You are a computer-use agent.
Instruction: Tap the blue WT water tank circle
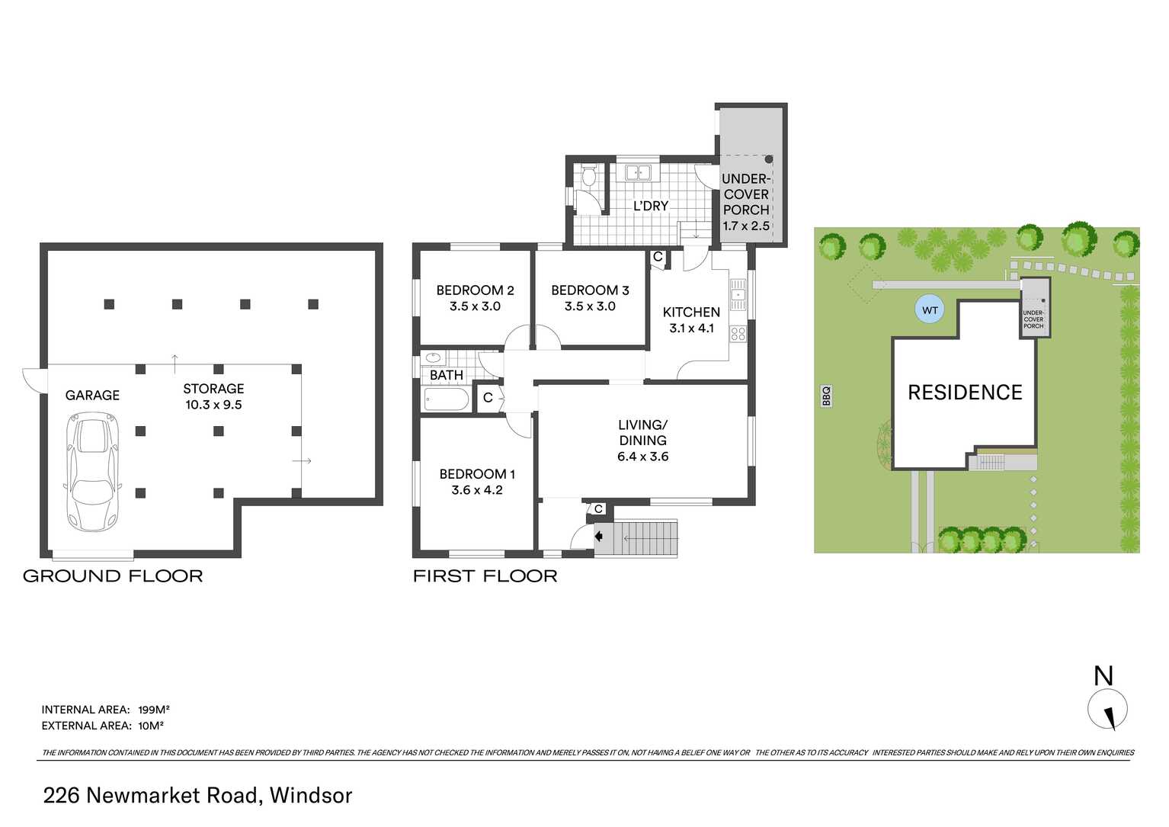point(930,310)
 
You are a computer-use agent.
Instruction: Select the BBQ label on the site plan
point(826,396)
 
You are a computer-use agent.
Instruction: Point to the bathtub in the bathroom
point(446,399)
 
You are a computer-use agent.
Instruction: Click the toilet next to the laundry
point(588,178)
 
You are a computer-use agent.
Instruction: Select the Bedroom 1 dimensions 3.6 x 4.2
point(477,490)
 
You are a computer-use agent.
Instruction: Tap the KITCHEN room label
point(691,312)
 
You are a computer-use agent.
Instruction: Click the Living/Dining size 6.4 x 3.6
point(642,457)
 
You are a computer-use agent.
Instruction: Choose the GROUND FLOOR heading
point(113,576)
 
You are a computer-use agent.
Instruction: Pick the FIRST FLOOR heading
point(485,576)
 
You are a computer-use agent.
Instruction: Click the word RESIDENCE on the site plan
point(965,393)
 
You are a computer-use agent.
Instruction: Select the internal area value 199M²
point(154,710)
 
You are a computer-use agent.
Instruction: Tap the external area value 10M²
point(151,726)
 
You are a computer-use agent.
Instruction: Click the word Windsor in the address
point(311,795)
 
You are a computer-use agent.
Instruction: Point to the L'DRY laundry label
point(651,206)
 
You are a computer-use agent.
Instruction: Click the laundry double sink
point(638,173)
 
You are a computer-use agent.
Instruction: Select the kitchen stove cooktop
point(738,333)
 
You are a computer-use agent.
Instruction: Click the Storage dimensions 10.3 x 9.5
point(213,405)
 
